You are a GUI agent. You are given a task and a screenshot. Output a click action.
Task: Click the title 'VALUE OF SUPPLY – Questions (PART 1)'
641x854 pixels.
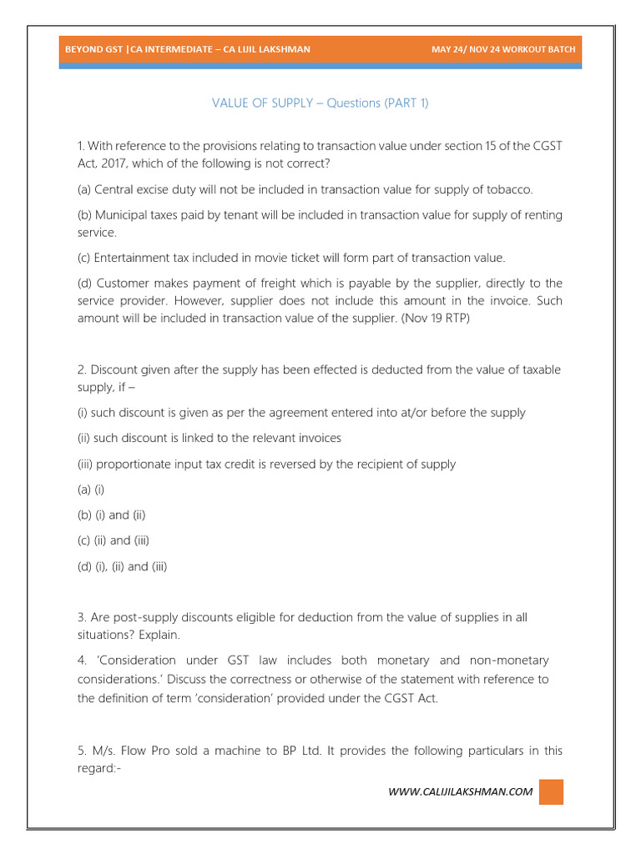pos(320,103)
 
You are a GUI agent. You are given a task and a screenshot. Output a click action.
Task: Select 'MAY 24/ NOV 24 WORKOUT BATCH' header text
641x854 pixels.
pos(502,49)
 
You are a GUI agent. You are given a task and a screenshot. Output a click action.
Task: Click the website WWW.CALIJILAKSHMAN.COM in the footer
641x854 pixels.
pos(460,791)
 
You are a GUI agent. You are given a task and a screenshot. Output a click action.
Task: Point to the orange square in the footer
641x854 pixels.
pos(551,791)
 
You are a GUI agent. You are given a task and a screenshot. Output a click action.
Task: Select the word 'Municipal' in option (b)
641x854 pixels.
pos(124,215)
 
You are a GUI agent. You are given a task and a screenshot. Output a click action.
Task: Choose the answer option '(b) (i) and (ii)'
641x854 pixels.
pos(111,515)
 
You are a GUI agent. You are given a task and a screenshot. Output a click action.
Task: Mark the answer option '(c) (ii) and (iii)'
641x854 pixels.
pos(113,540)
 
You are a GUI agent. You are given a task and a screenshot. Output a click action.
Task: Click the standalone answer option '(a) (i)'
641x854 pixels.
pos(91,489)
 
